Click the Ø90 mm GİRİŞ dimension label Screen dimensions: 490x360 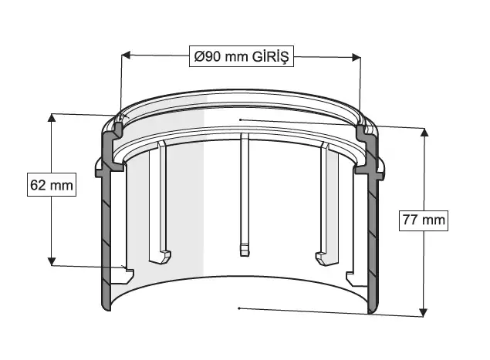point(242,56)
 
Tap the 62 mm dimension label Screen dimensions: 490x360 point(52,185)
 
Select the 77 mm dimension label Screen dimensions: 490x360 point(424,220)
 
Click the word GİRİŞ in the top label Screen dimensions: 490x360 point(270,56)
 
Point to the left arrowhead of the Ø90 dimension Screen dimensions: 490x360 point(126,56)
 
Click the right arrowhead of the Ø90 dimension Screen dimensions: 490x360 point(357,57)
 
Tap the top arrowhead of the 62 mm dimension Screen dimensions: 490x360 point(52,118)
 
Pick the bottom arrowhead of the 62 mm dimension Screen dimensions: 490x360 point(52,261)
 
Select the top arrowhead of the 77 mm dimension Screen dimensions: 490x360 point(424,132)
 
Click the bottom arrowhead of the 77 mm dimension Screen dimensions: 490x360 point(423,312)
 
